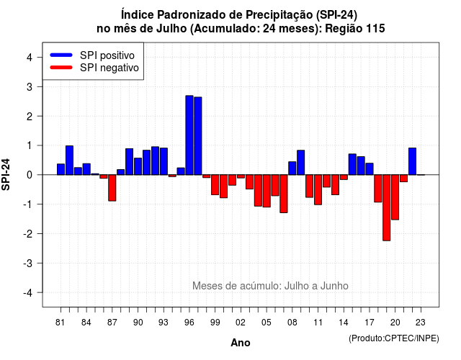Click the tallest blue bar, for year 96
pos(189,135)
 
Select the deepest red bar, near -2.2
pos(387,208)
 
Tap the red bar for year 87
pos(112,188)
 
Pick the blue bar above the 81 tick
pos(61,169)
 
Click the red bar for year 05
pos(267,191)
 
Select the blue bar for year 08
pos(292,168)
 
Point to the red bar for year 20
pos(395,197)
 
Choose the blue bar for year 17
pos(370,169)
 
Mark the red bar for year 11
pos(318,190)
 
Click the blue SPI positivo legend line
pos(61,55)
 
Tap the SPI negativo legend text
pos(109,68)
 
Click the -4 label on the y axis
pos(29,293)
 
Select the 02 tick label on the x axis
pos(241,323)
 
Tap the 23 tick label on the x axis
pos(421,323)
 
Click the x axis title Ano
pos(241,343)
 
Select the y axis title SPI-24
pos(6,174)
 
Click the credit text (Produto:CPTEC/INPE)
pos(394,338)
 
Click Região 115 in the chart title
pos(355,29)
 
